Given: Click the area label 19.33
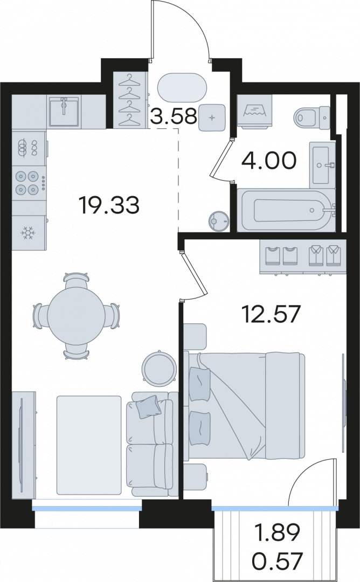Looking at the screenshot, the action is [x=109, y=205].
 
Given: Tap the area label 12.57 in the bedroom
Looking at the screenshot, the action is [x=270, y=314].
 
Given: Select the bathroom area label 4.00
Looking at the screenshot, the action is [x=269, y=161].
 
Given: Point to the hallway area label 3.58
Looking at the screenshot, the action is [x=174, y=116].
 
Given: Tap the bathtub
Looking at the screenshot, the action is [x=286, y=211].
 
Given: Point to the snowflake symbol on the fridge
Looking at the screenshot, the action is [x=27, y=233].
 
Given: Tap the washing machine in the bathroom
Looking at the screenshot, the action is [x=254, y=112].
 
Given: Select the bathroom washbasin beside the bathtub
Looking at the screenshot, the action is [x=322, y=165].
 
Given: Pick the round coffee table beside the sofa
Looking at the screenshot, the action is [x=160, y=369].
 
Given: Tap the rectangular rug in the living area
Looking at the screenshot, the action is [x=89, y=445].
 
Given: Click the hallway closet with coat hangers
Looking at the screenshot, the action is [x=130, y=100].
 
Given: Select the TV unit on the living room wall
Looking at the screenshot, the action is [x=24, y=445].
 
